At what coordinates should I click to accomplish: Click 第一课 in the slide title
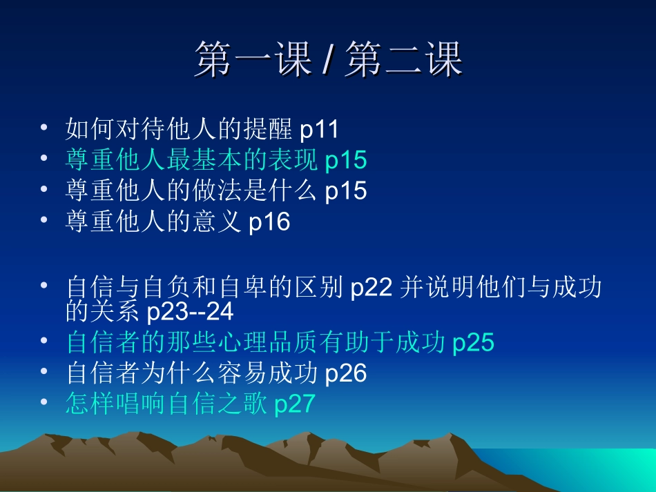pos(253,60)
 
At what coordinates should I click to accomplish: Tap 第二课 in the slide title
pos(404,60)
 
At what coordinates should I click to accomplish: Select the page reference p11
pos(320,129)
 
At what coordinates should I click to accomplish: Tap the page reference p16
pos(269,222)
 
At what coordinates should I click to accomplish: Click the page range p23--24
pos(191,312)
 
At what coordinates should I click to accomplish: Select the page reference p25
pos(474,342)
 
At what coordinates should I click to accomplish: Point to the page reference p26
pos(345,373)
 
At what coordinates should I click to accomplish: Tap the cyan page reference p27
pos(295,404)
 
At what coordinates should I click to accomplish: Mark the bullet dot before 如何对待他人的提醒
pos(44,128)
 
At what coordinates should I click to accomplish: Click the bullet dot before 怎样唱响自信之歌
pos(44,402)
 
